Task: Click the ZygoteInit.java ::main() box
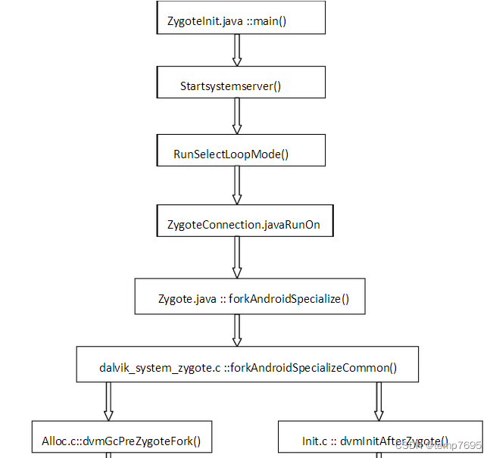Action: click(x=241, y=19)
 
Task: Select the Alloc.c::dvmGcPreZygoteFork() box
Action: click(x=122, y=440)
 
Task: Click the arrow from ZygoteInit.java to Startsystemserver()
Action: click(x=236, y=51)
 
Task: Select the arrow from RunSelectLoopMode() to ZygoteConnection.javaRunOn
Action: click(x=237, y=185)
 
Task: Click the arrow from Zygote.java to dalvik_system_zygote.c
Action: click(x=237, y=330)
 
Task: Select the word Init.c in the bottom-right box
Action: click(x=314, y=441)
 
